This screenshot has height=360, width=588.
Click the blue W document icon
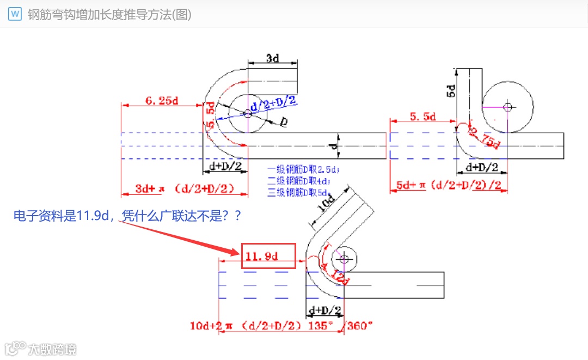pos(15,14)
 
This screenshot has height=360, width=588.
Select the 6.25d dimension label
pos(162,100)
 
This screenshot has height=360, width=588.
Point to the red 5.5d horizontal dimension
pos(422,117)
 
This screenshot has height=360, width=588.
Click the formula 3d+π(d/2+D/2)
pos(185,188)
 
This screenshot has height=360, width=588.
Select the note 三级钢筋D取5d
pos(299,192)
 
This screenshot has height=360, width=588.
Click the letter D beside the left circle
pos(284,123)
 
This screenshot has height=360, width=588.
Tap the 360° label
pos(360,326)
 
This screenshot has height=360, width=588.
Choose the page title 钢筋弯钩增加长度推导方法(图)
pos(109,15)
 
